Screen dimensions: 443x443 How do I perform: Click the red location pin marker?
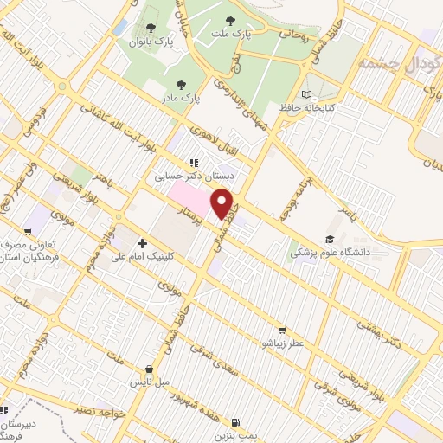tap(224, 203)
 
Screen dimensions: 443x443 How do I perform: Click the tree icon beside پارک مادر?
tap(180, 85)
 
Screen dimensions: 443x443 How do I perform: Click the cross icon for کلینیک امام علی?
tap(142, 244)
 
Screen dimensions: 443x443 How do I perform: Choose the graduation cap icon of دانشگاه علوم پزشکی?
tap(329, 240)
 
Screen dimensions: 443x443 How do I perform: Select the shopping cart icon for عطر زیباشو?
tap(281, 330)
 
